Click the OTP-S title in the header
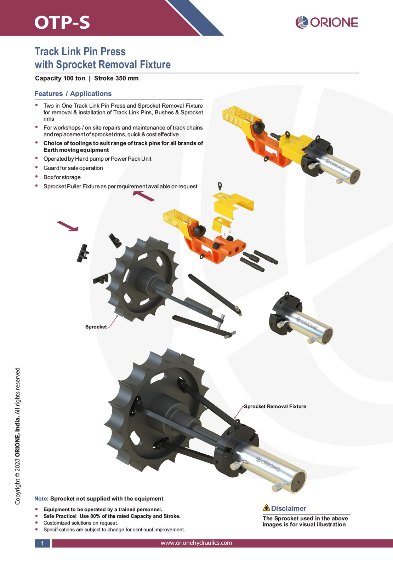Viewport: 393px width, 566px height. tap(62, 22)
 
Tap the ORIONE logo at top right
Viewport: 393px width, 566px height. tap(327, 22)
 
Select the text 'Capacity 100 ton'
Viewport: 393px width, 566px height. tap(60, 78)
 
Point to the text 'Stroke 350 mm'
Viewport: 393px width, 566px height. tap(116, 78)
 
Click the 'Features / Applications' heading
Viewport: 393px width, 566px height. tap(73, 93)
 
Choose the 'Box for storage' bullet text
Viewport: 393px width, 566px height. tap(62, 177)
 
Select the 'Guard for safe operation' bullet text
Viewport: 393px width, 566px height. tap(73, 168)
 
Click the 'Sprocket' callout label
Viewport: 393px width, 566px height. tap(96, 327)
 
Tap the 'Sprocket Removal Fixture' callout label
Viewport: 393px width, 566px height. tap(275, 406)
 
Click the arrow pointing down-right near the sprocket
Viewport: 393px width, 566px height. tap(68, 226)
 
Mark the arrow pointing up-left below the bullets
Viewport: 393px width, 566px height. tap(143, 196)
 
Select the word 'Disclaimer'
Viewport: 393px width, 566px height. tap(289, 508)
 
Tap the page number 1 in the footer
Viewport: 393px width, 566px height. tap(42, 543)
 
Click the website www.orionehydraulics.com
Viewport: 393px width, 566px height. tap(196, 543)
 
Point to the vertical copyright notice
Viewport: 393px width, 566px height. tap(17, 436)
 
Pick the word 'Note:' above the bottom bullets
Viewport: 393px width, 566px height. tap(41, 498)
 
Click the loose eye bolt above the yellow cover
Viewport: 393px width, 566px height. tap(220, 186)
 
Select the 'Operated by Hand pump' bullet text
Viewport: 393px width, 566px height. tap(97, 159)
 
